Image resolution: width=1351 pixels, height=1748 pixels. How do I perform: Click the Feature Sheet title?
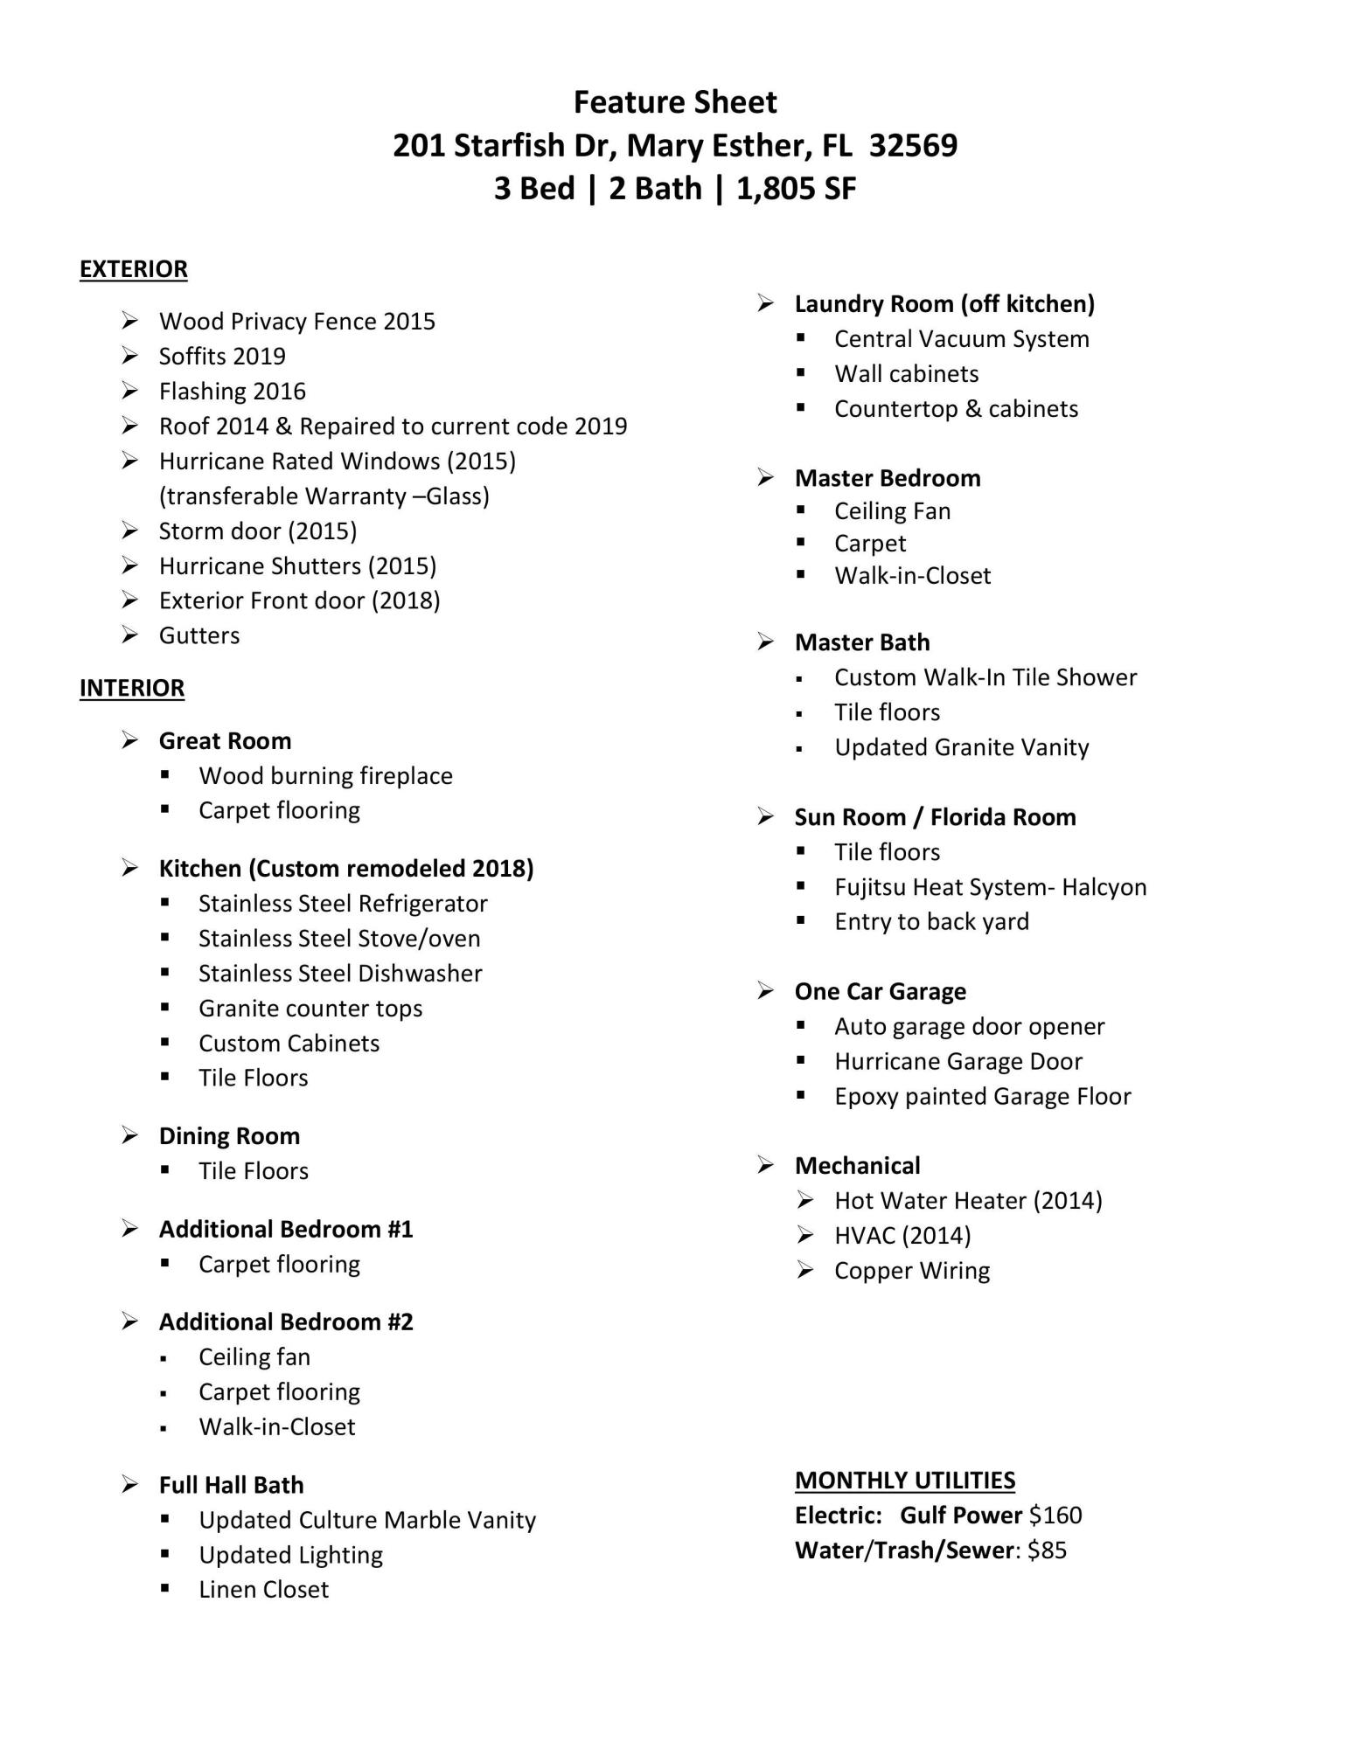[675, 102]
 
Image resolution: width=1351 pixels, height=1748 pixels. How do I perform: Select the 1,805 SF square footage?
[796, 188]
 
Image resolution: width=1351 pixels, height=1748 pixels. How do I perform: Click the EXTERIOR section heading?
[133, 269]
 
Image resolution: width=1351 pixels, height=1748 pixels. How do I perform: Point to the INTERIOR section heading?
[132, 689]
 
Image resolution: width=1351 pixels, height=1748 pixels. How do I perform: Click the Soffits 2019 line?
[222, 357]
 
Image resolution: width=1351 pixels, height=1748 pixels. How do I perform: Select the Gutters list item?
[199, 635]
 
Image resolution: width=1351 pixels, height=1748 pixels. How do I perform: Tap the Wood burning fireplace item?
[325, 776]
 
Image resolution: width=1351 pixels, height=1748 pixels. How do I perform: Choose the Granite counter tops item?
[310, 1009]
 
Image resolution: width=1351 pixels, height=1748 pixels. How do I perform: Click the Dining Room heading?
[229, 1136]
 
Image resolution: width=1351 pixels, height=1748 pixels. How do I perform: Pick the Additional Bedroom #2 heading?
[286, 1321]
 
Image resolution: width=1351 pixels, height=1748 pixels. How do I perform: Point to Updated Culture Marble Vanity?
[367, 1520]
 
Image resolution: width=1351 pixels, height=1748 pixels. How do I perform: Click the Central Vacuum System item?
[962, 339]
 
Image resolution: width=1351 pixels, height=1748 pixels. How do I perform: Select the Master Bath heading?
[862, 642]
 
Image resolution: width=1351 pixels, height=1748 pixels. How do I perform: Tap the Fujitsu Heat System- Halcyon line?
[990, 887]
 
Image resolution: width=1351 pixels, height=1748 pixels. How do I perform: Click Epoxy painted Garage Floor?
[982, 1097]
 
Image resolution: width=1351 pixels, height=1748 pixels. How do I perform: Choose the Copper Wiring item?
[912, 1271]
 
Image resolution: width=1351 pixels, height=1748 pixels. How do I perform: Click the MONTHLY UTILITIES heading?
[905, 1480]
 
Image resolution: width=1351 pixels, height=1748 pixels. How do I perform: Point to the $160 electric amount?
[1055, 1516]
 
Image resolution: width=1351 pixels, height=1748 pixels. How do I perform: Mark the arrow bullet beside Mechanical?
[766, 1165]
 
